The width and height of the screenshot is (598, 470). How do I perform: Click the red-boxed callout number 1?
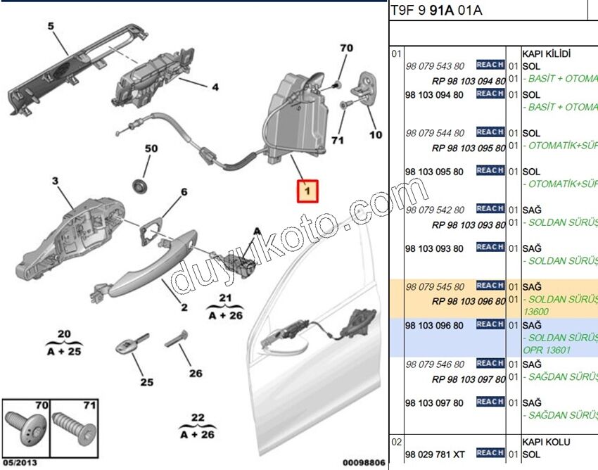point(307,191)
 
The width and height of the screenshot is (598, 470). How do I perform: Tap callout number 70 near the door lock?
point(345,49)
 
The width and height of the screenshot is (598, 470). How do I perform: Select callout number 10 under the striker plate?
point(376,134)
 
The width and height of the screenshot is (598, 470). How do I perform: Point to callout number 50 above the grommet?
point(152,149)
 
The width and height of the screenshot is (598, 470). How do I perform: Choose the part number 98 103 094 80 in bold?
point(435,94)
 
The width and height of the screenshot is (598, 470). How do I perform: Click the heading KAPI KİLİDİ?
point(546,53)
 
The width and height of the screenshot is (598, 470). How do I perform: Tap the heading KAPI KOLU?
point(546,442)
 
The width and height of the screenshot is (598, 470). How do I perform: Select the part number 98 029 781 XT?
point(435,455)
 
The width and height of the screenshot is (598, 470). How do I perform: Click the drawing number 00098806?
point(363,462)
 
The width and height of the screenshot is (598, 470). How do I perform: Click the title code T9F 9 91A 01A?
point(436,11)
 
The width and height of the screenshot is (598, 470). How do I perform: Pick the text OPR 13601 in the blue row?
point(547,350)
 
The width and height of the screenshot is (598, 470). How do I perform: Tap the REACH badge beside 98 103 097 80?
point(490,401)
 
